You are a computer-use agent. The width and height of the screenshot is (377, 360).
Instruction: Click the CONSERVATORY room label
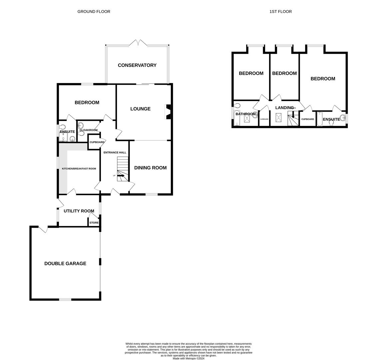click(137, 65)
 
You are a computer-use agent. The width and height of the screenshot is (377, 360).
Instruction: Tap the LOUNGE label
click(140, 109)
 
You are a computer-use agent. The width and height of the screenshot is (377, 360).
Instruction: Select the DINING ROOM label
click(150, 168)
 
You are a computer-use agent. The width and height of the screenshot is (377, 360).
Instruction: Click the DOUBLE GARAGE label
click(65, 264)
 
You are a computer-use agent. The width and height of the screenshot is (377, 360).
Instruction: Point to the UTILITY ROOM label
click(79, 211)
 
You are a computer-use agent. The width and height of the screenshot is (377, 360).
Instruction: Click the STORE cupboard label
click(94, 223)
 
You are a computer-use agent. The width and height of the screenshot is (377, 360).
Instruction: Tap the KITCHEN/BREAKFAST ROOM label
click(79, 169)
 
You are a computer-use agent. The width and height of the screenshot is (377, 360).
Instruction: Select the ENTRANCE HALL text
click(115, 153)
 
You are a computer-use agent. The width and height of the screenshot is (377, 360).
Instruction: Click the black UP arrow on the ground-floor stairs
click(121, 175)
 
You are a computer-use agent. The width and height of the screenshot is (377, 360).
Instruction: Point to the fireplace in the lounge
click(168, 112)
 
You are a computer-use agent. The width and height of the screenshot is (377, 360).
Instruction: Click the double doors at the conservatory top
click(138, 43)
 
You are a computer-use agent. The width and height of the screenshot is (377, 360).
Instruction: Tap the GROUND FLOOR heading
click(94, 12)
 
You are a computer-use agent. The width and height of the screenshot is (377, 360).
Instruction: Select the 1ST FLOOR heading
click(280, 12)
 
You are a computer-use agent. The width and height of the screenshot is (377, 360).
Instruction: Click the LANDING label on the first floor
click(284, 108)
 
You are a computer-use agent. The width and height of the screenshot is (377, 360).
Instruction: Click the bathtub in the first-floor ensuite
click(320, 119)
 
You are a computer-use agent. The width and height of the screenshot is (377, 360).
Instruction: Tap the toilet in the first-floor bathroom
click(237, 106)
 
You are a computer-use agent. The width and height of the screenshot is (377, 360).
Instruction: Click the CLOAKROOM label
click(89, 130)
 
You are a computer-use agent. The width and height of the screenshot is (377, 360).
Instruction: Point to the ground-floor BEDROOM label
click(87, 103)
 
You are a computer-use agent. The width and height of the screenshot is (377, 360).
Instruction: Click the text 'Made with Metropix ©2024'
click(188, 358)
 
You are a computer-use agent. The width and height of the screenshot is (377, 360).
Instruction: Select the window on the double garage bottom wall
click(65, 300)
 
